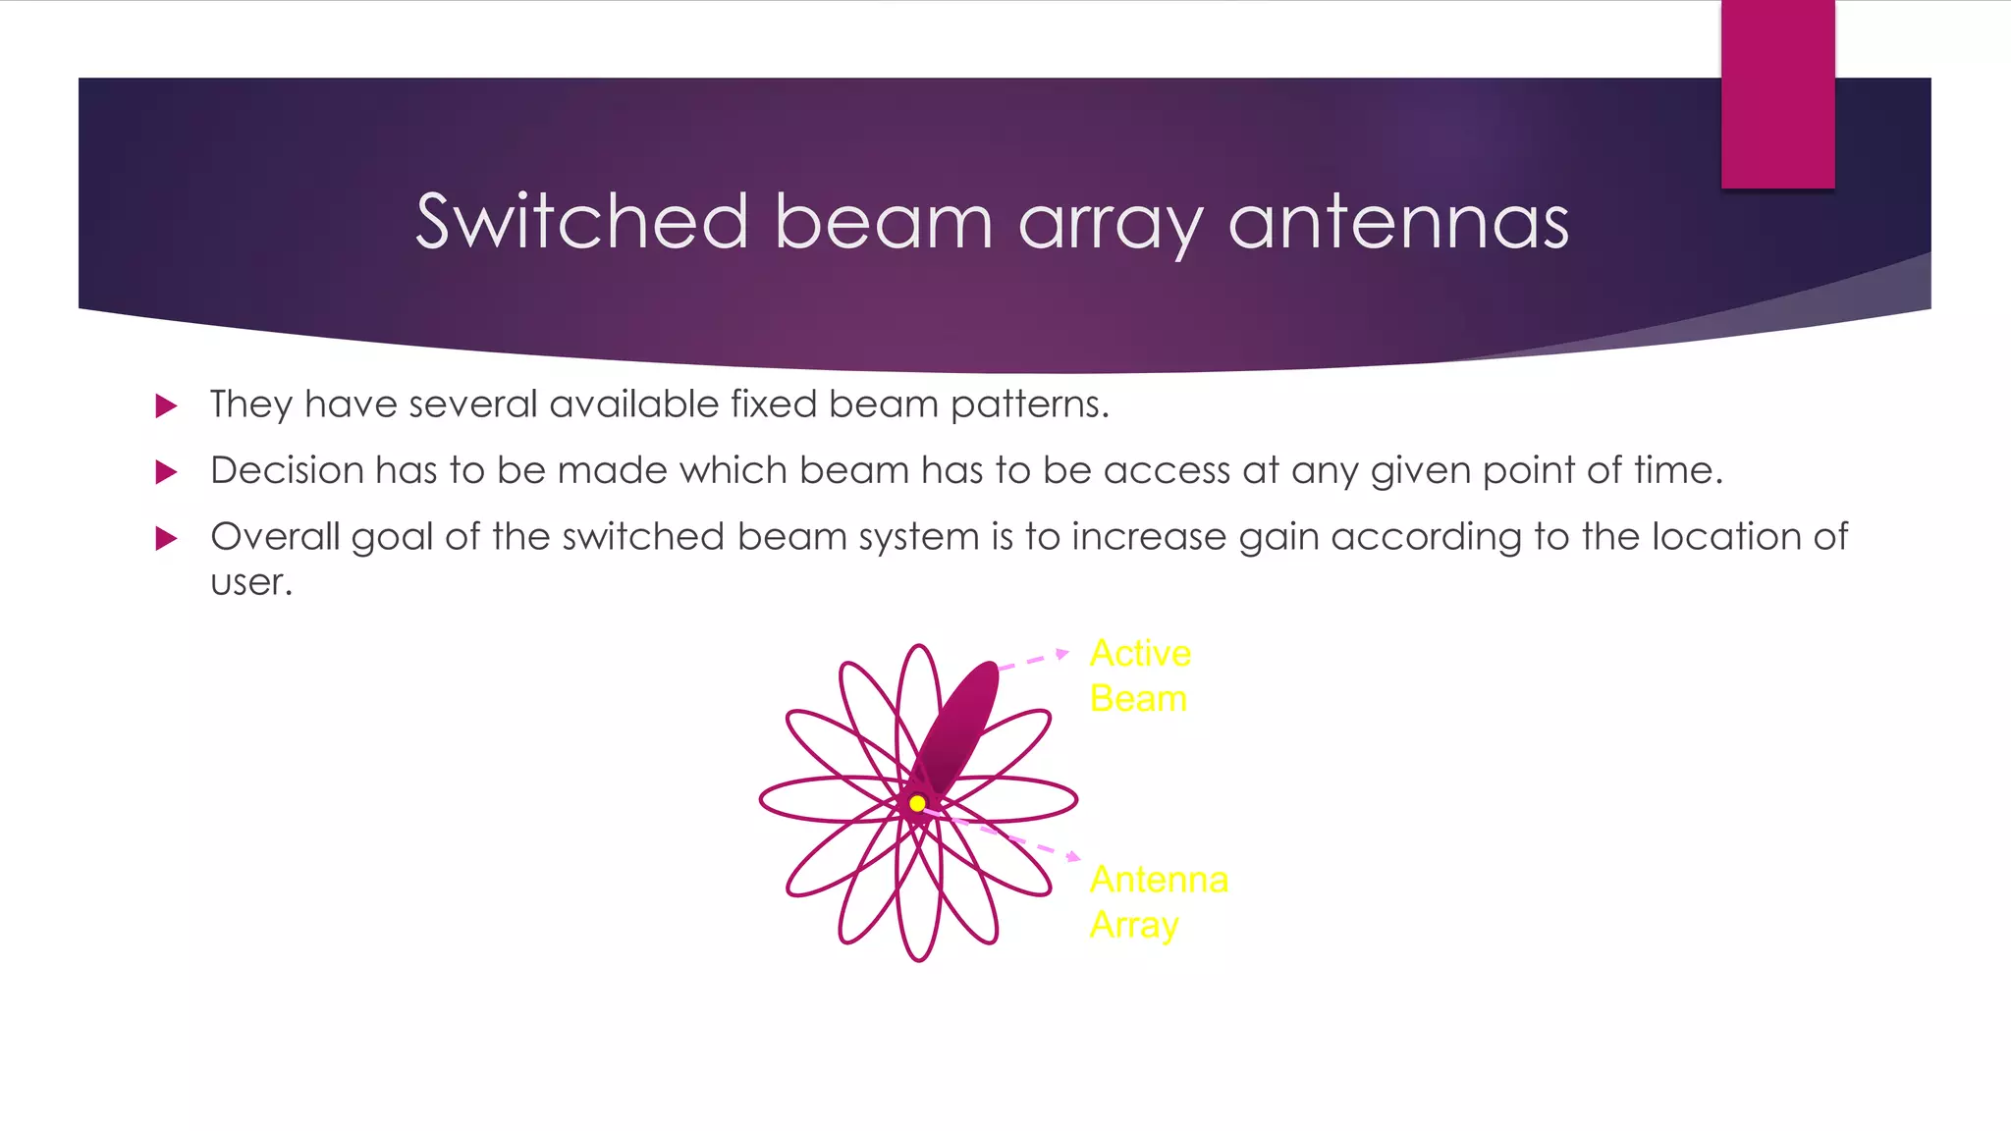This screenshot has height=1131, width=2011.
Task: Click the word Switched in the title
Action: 582,221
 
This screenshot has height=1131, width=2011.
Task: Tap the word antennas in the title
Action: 1398,223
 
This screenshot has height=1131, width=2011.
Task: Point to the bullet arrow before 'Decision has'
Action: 167,472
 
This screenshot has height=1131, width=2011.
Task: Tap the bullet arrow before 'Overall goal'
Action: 167,538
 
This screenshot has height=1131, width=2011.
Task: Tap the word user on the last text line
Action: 250,582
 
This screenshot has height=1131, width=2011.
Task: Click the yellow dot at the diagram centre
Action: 917,803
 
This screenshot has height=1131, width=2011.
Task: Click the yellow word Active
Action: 1140,654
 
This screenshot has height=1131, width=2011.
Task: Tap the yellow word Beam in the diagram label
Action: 1138,699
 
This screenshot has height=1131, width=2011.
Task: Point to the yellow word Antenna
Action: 1159,880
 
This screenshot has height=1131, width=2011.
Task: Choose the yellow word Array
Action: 1134,925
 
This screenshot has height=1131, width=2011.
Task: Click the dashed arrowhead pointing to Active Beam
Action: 1062,653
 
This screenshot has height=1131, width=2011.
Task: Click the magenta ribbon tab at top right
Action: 1777,94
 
